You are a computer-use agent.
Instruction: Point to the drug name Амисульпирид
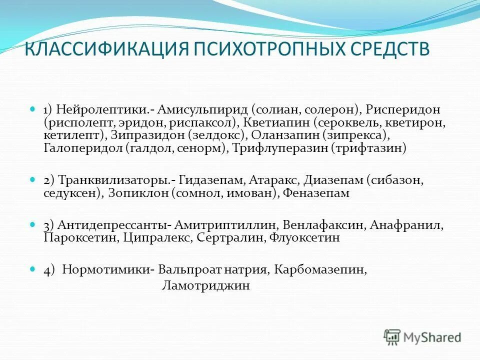pyautogui.click(x=202, y=109)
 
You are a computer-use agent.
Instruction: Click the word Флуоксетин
pyautogui.click(x=305, y=238)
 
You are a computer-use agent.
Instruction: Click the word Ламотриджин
pyautogui.click(x=205, y=286)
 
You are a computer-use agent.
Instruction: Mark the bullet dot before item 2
pyautogui.click(x=33, y=178)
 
